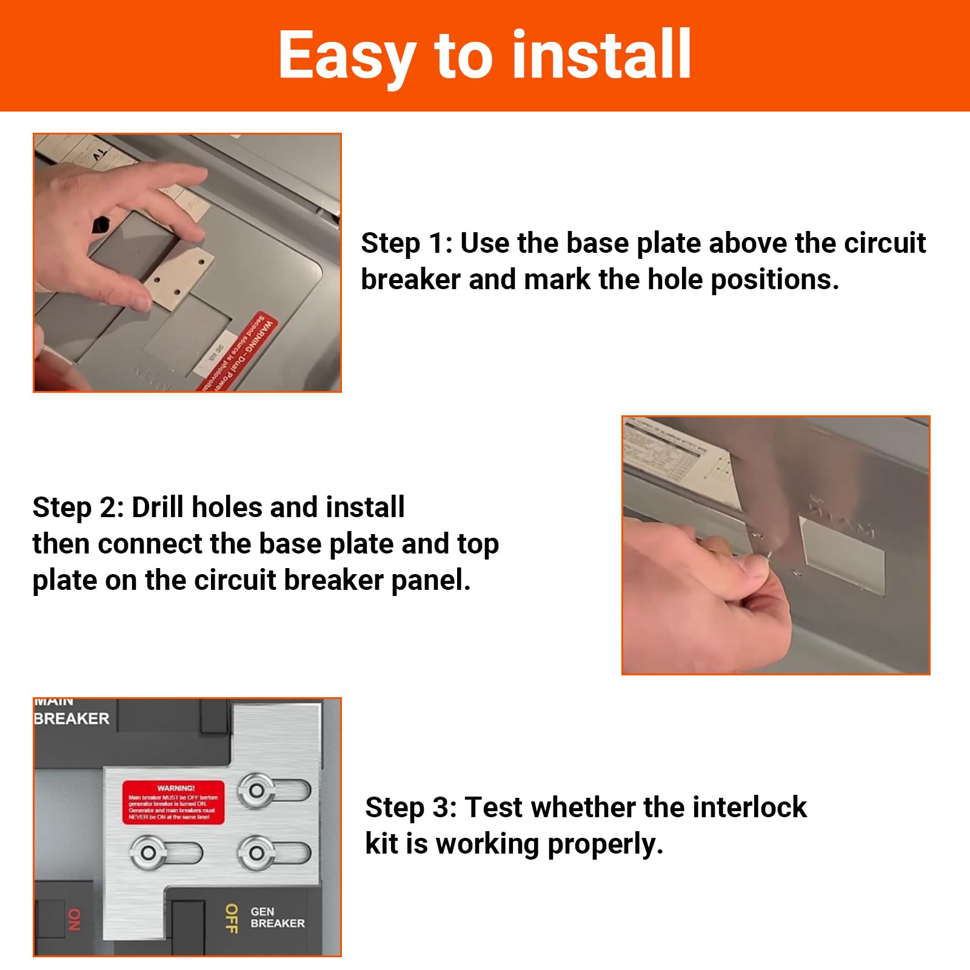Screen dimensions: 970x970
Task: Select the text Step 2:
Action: point(78,507)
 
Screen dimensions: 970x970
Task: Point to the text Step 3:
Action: point(410,808)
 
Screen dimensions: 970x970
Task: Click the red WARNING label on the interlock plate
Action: point(173,802)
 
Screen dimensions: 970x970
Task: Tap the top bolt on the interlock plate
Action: point(257,791)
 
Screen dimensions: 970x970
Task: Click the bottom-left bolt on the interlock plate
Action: point(148,853)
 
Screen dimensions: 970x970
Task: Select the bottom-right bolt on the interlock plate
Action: point(257,853)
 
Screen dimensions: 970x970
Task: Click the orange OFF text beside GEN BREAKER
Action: point(231,918)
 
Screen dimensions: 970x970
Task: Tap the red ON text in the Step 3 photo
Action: point(73,919)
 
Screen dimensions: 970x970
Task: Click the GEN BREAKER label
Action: point(277,917)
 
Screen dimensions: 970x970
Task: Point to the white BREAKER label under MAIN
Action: point(72,719)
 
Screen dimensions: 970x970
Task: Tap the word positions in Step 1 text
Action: point(774,280)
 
